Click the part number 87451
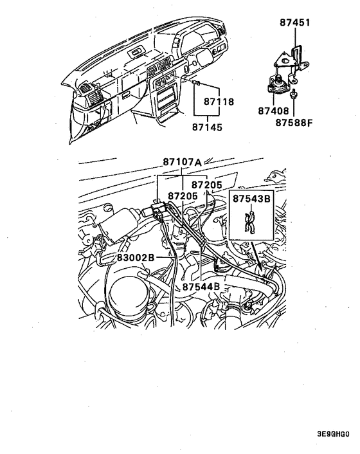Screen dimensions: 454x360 (294, 23)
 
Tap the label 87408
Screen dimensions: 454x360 (274, 111)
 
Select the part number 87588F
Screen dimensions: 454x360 (293, 122)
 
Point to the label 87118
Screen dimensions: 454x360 (219, 102)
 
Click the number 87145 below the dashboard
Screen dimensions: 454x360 (207, 127)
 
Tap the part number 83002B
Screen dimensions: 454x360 (136, 258)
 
